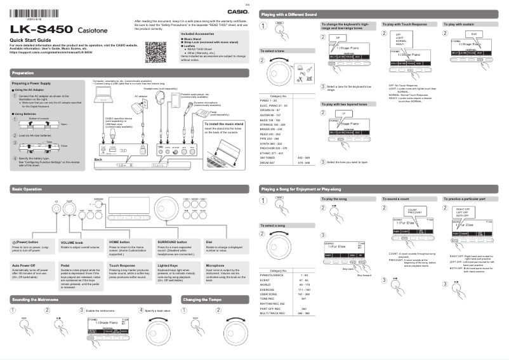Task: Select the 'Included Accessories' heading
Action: click(199, 34)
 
